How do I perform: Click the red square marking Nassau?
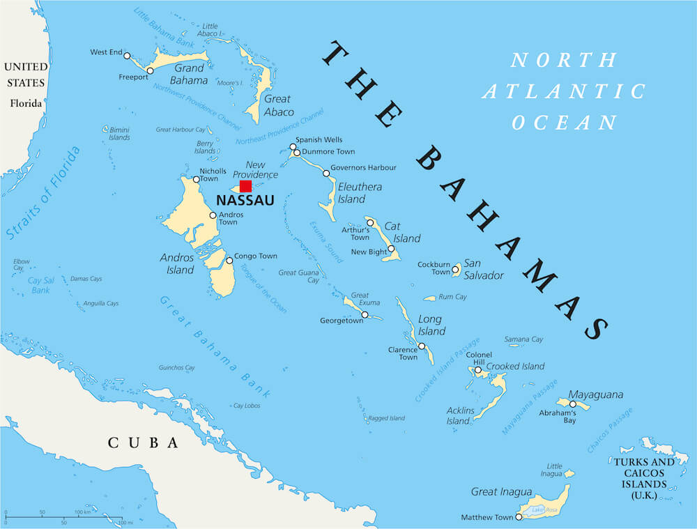[245, 186]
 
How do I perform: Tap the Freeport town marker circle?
[150, 70]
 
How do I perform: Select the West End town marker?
[128, 53]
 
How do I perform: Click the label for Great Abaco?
[278, 105]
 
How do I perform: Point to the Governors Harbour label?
[363, 168]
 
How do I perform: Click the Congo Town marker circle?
[229, 261]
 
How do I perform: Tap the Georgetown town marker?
[365, 314]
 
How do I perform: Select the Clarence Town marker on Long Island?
[422, 346]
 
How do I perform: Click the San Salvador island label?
[483, 269]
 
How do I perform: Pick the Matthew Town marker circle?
[519, 517]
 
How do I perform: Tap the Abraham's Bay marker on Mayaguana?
[573, 404]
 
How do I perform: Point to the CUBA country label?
[143, 443]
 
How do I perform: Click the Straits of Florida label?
[43, 194]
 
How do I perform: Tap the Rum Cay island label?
[452, 297]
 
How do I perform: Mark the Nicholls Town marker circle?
[197, 179]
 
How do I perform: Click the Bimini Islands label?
[119, 134]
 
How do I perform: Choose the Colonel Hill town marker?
[478, 370]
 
